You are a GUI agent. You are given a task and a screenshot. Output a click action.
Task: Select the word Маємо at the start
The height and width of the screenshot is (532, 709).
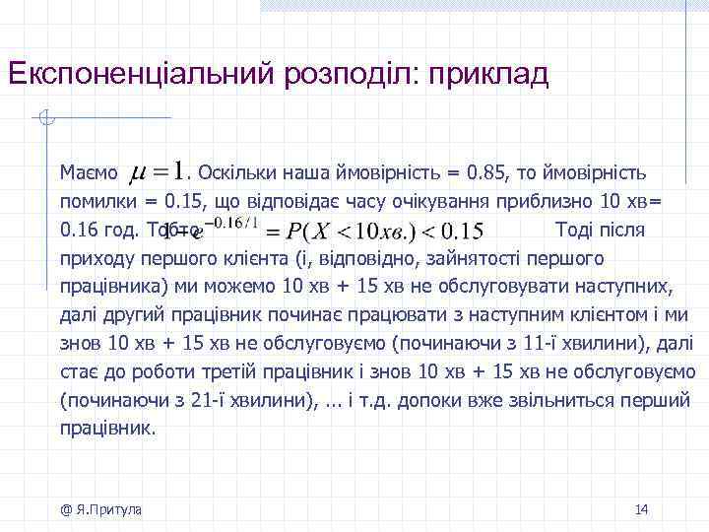point(88,173)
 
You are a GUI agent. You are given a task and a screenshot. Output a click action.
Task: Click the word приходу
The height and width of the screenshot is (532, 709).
point(95,259)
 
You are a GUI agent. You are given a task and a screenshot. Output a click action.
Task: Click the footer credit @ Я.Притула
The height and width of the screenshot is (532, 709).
point(99,509)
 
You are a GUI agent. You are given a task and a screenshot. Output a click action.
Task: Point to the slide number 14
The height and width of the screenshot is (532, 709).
point(641,509)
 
